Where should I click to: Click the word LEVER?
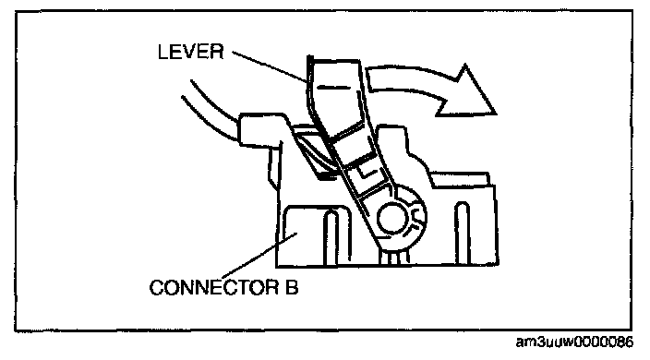191,52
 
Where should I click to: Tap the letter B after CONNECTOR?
292,287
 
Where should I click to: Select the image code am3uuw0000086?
574,342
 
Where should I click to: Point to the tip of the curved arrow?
496,114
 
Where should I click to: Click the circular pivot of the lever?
391,219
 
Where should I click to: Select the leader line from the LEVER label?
270,67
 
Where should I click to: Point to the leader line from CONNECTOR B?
260,256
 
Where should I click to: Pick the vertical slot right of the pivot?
463,233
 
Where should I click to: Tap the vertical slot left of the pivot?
331,237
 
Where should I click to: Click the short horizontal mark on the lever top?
333,88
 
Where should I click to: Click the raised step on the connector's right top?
461,179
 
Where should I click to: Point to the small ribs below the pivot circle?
394,257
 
